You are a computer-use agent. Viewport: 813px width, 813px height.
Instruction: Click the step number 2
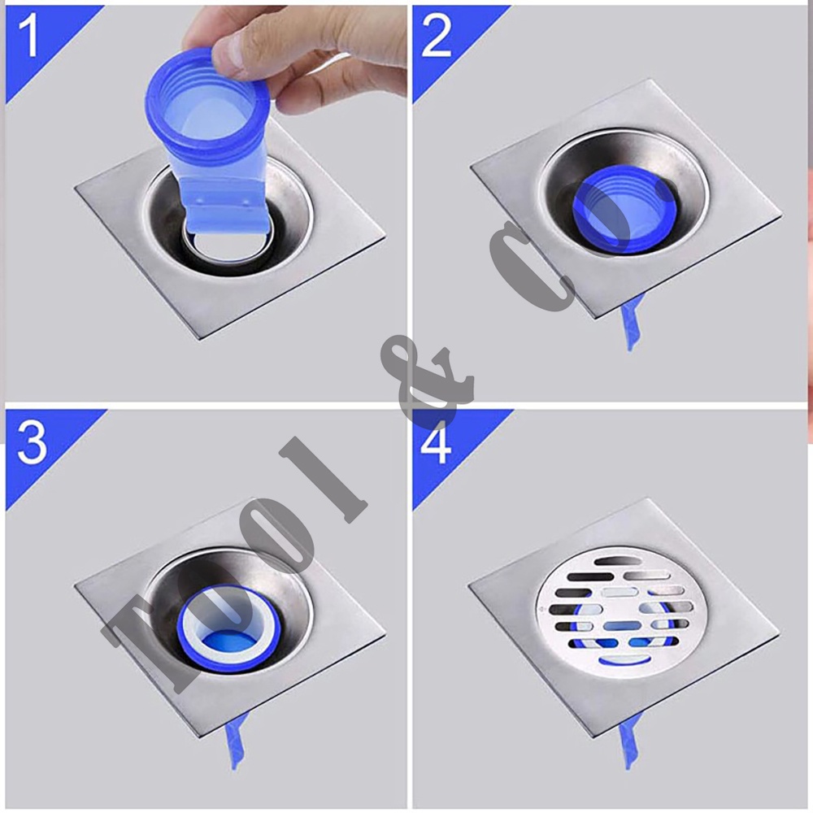[436, 36]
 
